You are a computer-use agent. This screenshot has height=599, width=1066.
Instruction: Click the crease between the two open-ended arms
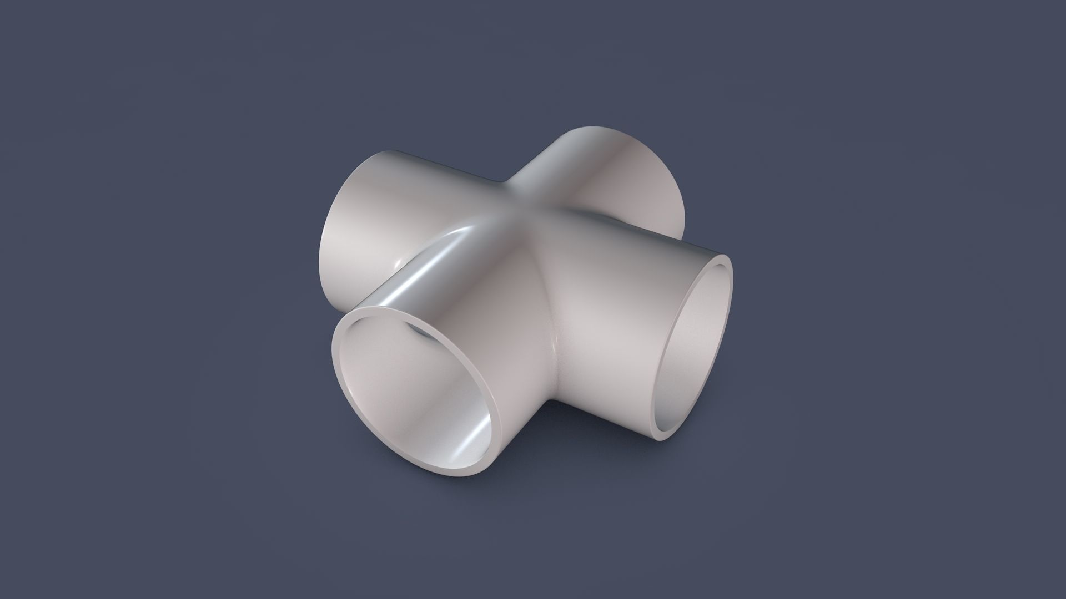click(552, 355)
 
